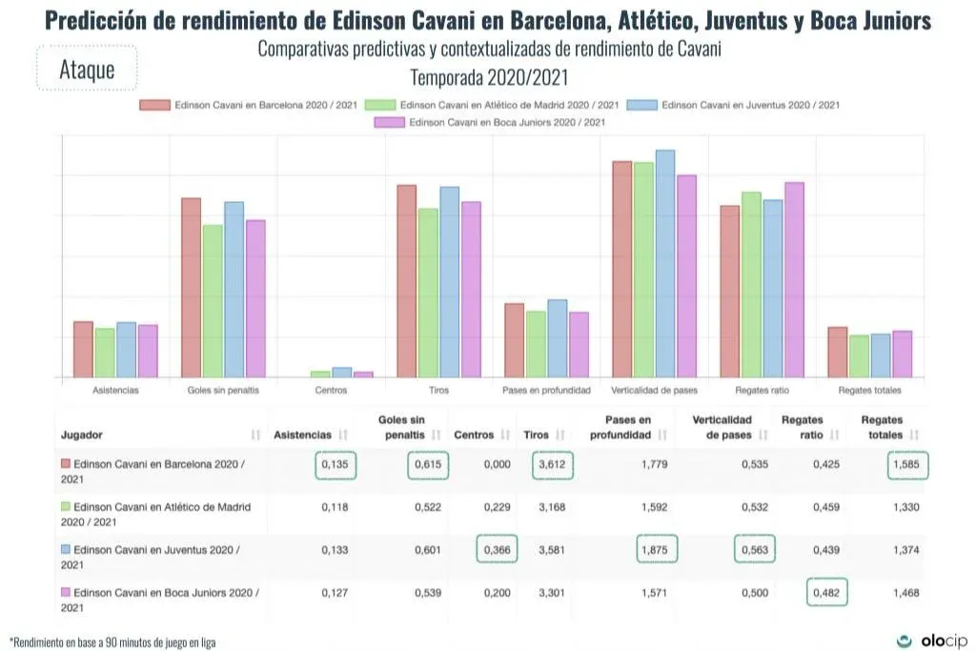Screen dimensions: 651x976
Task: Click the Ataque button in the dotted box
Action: pos(87,69)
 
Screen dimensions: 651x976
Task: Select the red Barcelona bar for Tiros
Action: pos(406,281)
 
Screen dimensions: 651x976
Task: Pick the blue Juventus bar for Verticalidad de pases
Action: pos(664,264)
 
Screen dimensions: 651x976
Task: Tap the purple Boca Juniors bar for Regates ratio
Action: pos(794,280)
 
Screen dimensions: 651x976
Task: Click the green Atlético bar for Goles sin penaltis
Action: pos(213,301)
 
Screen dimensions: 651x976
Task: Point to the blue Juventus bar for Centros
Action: pos(341,373)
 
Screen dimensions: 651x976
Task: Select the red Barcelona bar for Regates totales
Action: pos(838,353)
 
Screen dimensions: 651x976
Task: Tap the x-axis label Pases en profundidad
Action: pos(546,391)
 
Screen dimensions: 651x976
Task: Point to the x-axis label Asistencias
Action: pos(115,391)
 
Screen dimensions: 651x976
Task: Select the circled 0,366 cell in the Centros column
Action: pos(496,549)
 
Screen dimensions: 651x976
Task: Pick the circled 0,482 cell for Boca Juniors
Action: pos(826,592)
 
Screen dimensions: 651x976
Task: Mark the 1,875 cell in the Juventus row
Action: pos(658,549)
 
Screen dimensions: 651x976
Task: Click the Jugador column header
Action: pos(82,435)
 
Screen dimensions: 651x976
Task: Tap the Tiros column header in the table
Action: pos(537,435)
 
